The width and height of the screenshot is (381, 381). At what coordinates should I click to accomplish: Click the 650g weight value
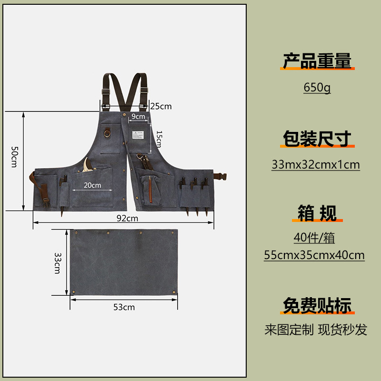317,88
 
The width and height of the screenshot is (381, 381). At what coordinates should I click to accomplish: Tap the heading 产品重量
317,61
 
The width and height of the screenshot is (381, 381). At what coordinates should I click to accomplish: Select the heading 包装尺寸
317,138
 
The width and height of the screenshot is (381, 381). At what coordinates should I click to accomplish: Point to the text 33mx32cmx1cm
316,165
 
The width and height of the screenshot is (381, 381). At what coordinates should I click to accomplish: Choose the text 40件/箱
314,238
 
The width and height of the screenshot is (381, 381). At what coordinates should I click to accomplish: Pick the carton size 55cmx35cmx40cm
314,255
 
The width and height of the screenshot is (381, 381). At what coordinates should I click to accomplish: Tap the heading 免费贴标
317,305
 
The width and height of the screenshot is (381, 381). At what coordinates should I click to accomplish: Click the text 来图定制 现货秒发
316,330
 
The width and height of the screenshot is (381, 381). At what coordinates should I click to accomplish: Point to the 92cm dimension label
127,219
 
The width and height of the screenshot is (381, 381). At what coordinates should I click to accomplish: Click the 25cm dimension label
161,106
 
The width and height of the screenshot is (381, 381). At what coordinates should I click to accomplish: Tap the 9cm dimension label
139,116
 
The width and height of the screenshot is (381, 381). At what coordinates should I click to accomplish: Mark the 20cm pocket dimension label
92,185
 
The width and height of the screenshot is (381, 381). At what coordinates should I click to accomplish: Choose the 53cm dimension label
124,307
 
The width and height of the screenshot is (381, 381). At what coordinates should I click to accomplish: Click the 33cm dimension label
57,263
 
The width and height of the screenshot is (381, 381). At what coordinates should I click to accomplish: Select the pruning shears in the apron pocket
87,167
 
